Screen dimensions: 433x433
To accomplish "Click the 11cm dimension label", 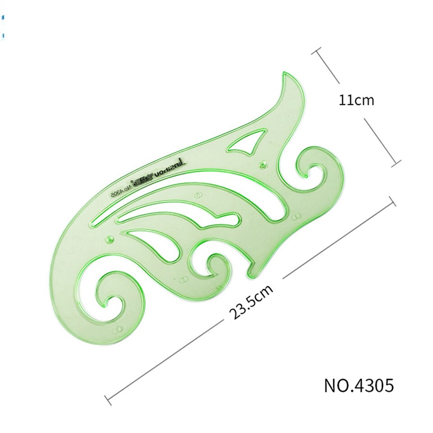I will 357,100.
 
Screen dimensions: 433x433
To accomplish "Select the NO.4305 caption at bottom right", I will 359,386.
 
